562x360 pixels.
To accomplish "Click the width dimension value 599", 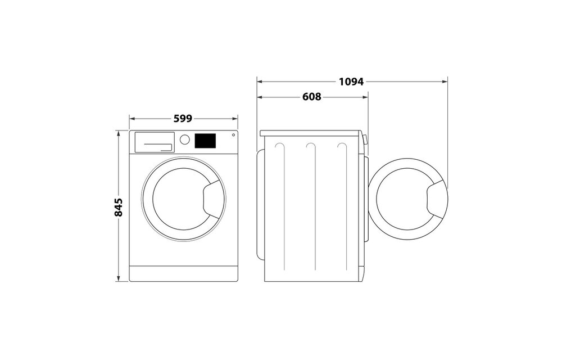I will pos(183,119).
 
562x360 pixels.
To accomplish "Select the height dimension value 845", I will pos(119,207).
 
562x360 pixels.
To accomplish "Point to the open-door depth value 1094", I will pos(351,82).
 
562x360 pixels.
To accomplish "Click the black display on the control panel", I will pos(206,141).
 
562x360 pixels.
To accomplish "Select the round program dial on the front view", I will pos(185,139).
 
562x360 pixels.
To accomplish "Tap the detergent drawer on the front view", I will pos(153,142).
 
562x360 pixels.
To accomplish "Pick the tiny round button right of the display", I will pos(233,135).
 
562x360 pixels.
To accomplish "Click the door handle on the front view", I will pos(213,199).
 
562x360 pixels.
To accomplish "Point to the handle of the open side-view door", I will pos(437,200).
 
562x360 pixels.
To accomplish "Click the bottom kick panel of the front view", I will pos(184,273).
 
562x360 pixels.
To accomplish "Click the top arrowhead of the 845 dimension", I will pos(119,133).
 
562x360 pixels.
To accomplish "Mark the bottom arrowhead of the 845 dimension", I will pos(119,278).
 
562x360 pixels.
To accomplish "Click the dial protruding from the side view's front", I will pos(366,140).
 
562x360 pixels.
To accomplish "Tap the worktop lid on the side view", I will pos(311,133).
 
